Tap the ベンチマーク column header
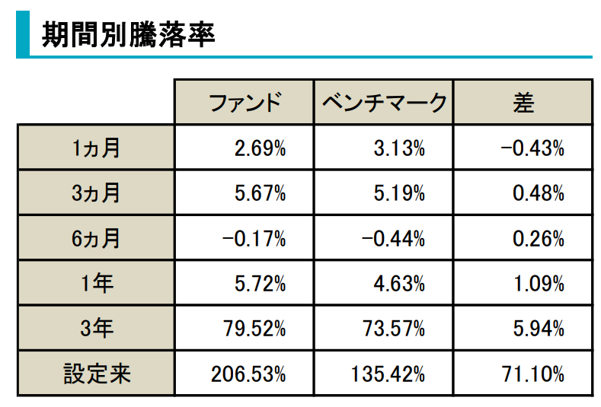pos(383,103)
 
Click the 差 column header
pos(523,103)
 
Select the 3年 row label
pos(96,329)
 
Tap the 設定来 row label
pos(96,374)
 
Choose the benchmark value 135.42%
pos(388,374)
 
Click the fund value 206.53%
pos(249,374)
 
